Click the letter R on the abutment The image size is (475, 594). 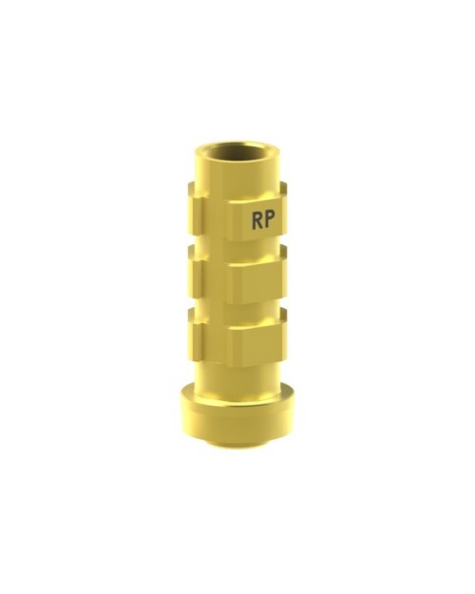256,220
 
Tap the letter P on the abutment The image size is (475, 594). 269,220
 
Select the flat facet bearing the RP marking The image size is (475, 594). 257,220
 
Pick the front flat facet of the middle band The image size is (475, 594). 257,284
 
